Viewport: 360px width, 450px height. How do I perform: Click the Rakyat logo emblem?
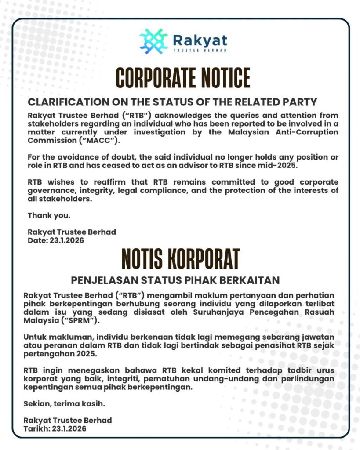tap(154, 41)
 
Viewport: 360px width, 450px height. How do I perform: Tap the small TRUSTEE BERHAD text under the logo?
tap(200, 51)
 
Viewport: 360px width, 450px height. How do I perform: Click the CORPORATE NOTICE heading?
tap(183, 79)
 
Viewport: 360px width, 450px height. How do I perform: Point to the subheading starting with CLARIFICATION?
tap(172, 102)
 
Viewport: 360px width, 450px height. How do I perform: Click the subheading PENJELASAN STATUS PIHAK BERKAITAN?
tap(175, 280)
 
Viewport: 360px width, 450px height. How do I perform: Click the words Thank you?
tap(49, 215)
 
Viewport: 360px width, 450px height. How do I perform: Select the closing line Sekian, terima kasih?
tap(64, 403)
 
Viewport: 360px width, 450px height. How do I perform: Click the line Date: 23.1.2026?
tap(56, 240)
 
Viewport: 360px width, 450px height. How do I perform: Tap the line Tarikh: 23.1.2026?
tap(55, 428)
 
